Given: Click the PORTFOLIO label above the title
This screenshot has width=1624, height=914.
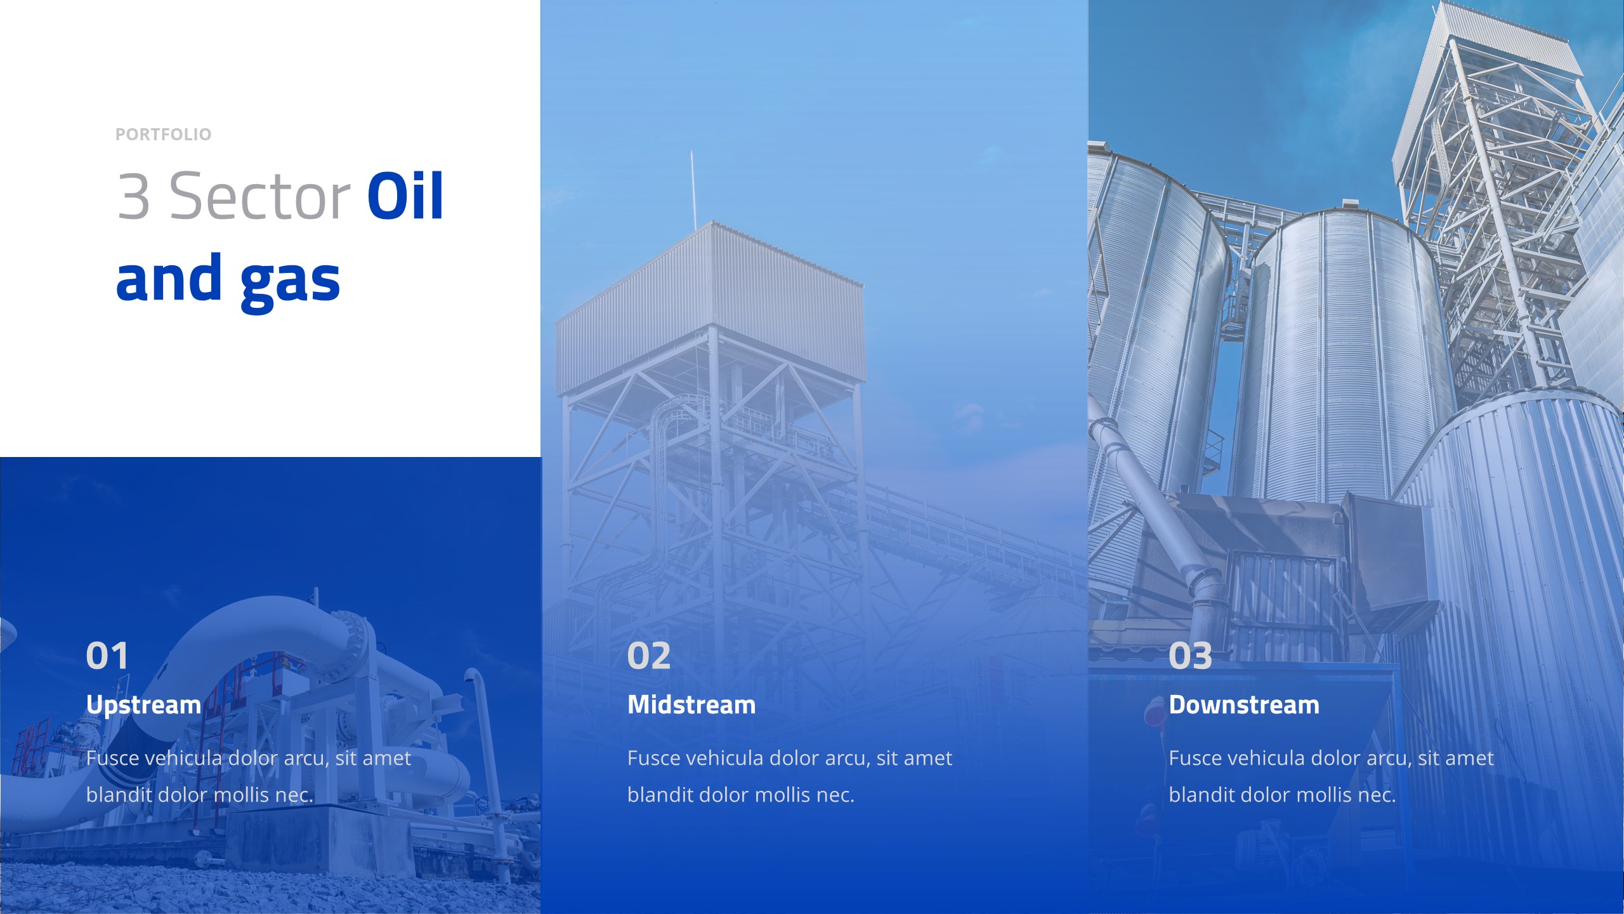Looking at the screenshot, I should (163, 135).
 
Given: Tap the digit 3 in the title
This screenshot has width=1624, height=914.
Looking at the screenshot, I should (134, 196).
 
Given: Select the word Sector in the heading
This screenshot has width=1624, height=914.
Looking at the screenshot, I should (259, 196).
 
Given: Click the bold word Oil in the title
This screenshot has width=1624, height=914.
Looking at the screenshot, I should (405, 196).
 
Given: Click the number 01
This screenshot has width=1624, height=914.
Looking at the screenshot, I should (107, 656).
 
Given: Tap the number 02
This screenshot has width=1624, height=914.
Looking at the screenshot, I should (648, 656).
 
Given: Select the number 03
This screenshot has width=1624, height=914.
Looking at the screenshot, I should (1190, 656).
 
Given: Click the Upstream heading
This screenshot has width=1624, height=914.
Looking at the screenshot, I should (143, 705).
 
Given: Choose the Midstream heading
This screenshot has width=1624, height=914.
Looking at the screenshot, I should (691, 705).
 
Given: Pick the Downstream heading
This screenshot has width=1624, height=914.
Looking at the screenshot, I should (1244, 705).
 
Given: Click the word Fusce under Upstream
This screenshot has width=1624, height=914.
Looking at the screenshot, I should (112, 758).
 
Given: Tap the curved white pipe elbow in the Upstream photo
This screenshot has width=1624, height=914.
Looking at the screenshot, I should (266, 628).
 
